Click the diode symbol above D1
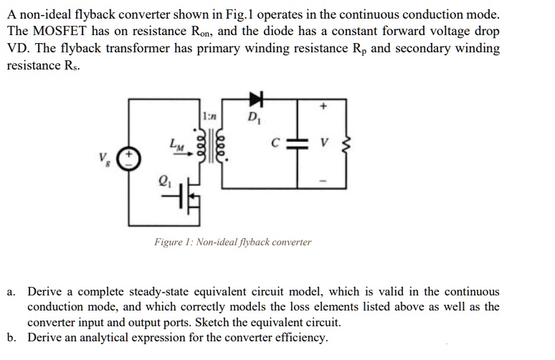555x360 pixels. (x=255, y=97)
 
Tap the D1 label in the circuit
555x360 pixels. (x=253, y=118)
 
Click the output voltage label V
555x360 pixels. (x=324, y=145)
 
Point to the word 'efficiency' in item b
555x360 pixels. (x=298, y=337)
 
